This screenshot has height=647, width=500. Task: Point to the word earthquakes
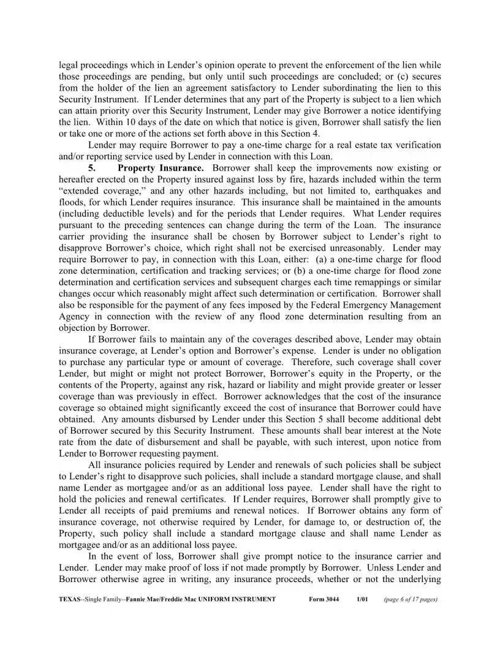tap(385, 190)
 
